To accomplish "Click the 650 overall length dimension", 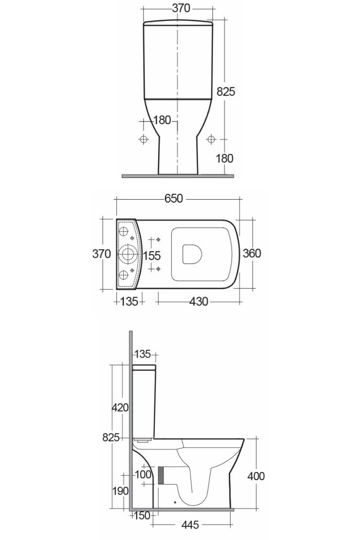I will [173, 198].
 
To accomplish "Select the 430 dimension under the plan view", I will [198, 302].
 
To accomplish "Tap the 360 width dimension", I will [252, 253].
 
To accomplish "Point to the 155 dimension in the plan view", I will [152, 255].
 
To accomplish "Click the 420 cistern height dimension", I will [120, 408].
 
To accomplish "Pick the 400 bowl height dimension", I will [256, 476].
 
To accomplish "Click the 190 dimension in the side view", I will [121, 490].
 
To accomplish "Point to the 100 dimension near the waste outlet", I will [143, 474].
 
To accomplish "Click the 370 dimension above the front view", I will [177, 9].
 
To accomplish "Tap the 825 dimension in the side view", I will [110, 437].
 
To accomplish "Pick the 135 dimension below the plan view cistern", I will [130, 302].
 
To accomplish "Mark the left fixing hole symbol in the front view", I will [144, 139].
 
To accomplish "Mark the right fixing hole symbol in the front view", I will [211, 139].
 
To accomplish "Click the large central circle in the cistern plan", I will [128, 254].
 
